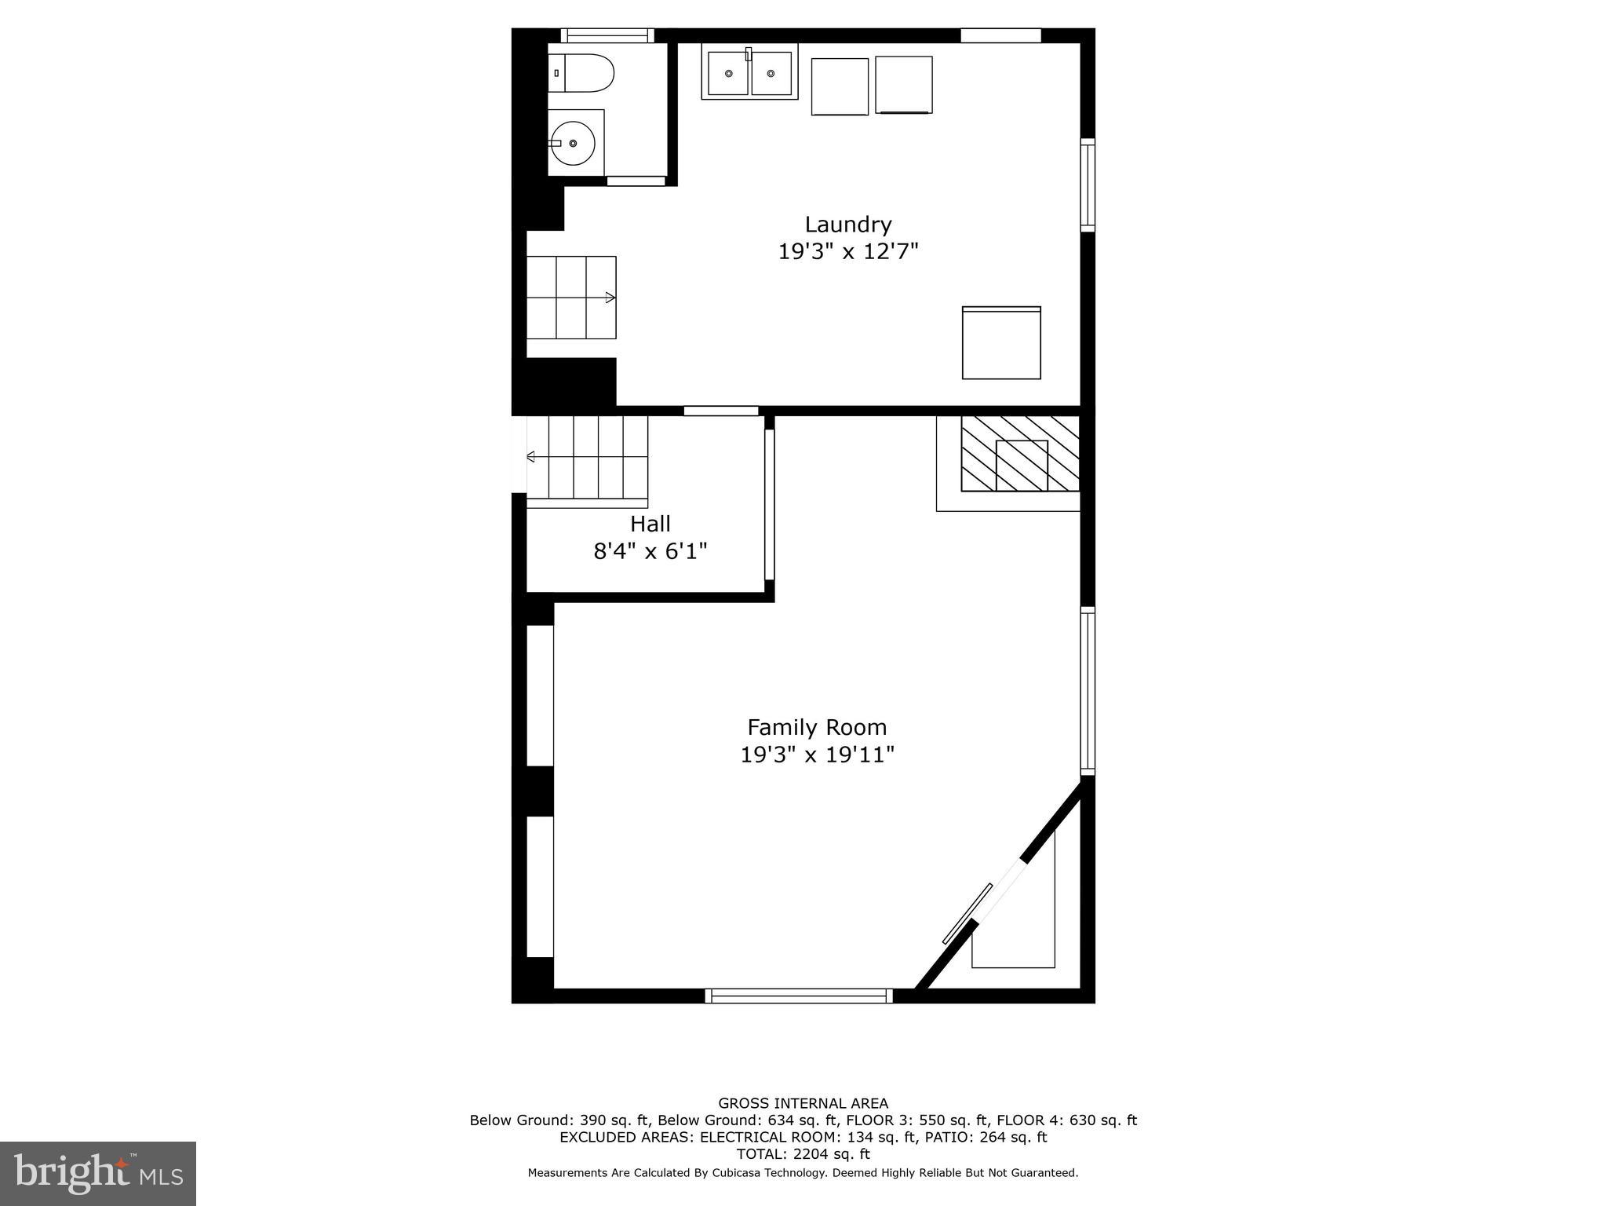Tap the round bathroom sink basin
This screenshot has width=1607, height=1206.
[573, 143]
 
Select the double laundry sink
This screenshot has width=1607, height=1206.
[749, 73]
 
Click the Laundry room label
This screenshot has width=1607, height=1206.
[848, 225]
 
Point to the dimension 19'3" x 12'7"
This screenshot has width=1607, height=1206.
[848, 252]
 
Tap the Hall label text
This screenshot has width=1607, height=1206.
[650, 524]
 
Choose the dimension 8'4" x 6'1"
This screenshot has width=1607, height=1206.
[650, 551]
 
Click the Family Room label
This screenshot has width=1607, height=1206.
[817, 727]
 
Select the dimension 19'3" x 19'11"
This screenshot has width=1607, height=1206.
[817, 755]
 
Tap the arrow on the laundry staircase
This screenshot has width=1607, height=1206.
[610, 298]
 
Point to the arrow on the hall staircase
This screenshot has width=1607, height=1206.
[531, 456]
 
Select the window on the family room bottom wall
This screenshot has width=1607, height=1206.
[799, 996]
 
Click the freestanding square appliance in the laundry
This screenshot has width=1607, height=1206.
[1001, 343]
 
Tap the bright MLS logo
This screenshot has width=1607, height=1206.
[98, 1173]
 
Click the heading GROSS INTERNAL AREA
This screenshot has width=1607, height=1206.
[803, 1103]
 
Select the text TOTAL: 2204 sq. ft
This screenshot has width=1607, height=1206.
[803, 1154]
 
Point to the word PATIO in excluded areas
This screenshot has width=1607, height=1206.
[946, 1137]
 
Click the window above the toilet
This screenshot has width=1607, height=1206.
[607, 35]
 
